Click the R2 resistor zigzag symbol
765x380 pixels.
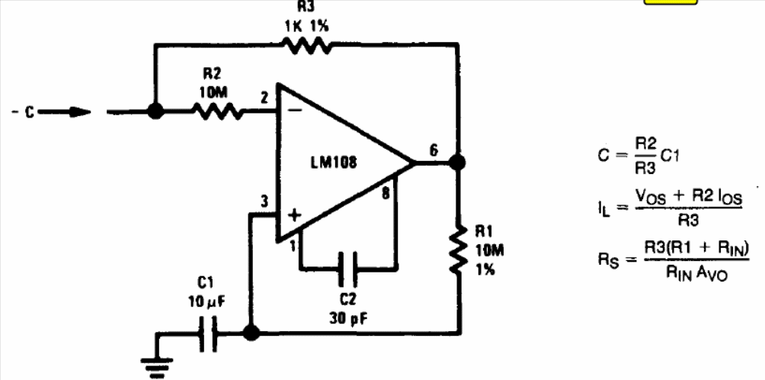[217, 111]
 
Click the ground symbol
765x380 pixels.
[157, 367]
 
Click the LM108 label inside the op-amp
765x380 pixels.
[334, 163]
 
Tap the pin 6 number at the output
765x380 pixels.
[434, 150]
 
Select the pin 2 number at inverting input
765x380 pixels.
[265, 98]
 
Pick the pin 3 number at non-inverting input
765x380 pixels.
[264, 201]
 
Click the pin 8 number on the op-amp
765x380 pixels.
[386, 193]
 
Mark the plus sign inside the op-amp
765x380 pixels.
[293, 216]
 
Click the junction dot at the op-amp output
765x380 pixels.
[457, 163]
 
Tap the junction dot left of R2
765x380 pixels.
[155, 111]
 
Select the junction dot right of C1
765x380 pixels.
[251, 333]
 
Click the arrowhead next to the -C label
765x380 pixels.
[79, 112]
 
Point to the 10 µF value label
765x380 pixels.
[206, 302]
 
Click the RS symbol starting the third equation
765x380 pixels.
[610, 259]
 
